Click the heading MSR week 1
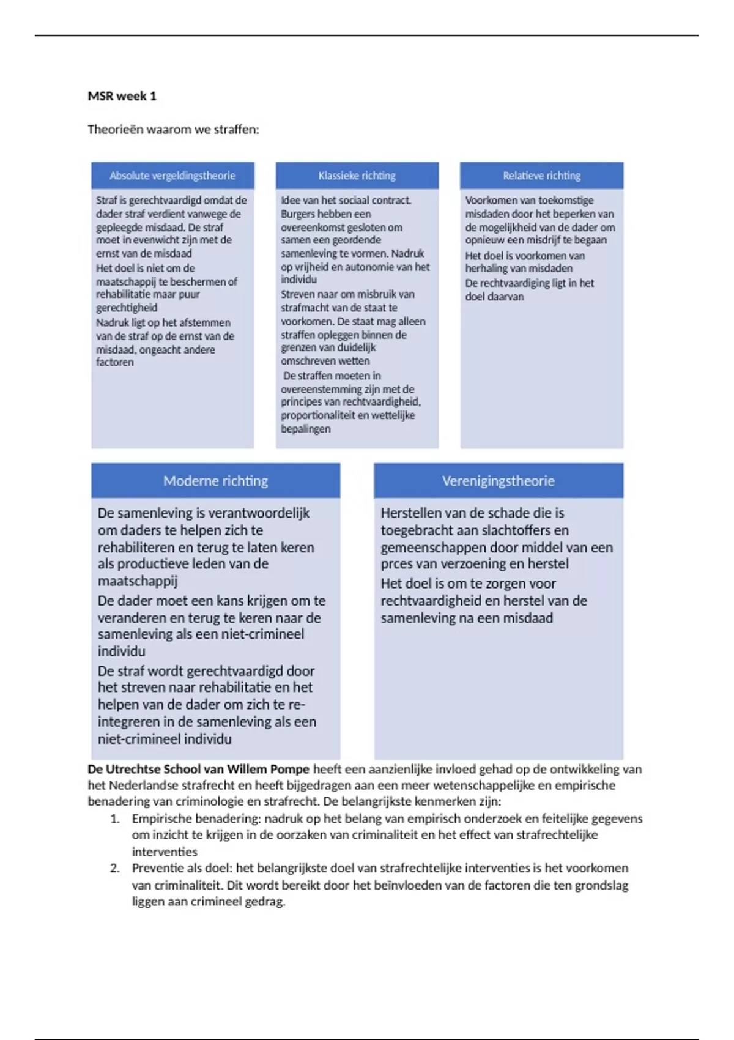[x=122, y=96]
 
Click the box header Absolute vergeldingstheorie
[x=172, y=176]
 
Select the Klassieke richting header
[x=357, y=176]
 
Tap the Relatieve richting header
[x=541, y=176]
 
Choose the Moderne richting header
[x=215, y=481]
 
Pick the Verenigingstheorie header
[x=498, y=481]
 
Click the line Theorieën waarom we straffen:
[x=173, y=130]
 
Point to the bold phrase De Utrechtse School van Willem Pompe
[x=198, y=770]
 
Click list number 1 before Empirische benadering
[x=115, y=819]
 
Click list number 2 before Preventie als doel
[x=115, y=868]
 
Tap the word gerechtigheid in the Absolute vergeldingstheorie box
[x=127, y=308]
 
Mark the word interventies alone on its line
[x=165, y=852]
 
